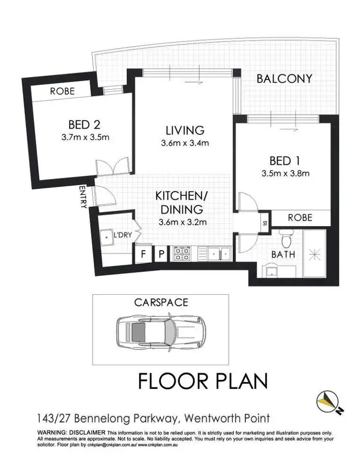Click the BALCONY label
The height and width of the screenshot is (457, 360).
click(284, 79)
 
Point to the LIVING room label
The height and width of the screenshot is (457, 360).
click(185, 130)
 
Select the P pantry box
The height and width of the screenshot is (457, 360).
click(162, 254)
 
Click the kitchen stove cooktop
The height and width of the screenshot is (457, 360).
click(183, 253)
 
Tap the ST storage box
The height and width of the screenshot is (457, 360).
click(264, 223)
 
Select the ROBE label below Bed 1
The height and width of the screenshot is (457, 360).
click(300, 218)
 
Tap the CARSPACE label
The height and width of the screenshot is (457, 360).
click(161, 302)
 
